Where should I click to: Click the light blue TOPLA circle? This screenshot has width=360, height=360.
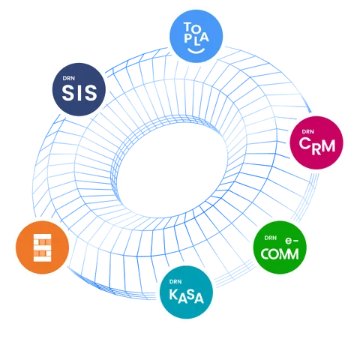tap(196, 36)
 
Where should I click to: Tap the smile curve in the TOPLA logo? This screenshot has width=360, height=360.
tap(196, 51)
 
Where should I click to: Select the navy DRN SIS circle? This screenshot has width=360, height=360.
tap(79, 89)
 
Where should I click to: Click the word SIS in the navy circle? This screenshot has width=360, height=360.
tap(79, 93)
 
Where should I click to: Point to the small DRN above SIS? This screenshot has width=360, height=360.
tap(68, 78)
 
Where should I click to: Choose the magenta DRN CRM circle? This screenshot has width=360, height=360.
tap(316, 142)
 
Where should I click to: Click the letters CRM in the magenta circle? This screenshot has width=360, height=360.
tap(317, 146)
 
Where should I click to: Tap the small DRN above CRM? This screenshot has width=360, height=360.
tap(307, 132)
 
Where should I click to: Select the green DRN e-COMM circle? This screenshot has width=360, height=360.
tap(280, 247)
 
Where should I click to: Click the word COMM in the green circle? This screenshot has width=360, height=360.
tap(280, 254)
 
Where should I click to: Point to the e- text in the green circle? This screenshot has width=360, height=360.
tap(292, 241)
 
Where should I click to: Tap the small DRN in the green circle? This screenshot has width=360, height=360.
tap(271, 238)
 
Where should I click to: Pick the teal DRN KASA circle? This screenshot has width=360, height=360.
tap(186, 292)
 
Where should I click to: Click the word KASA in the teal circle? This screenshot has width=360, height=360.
tap(187, 295)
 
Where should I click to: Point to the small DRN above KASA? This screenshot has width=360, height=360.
tap(175, 282)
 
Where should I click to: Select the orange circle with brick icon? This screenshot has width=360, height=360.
tap(43, 247)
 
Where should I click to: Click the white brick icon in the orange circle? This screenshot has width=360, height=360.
tap(43, 247)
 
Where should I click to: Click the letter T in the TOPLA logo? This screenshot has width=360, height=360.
tap(187, 26)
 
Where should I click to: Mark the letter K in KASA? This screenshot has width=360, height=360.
tap(173, 294)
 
